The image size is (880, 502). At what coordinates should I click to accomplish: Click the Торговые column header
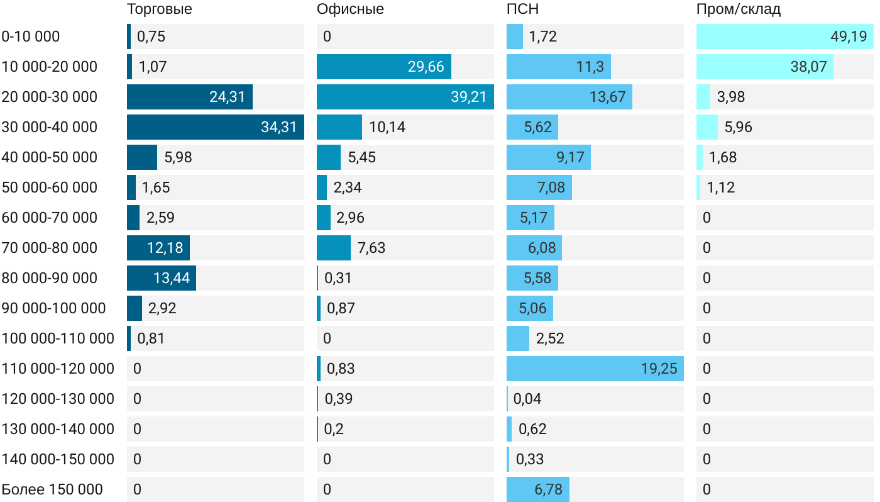click(x=159, y=9)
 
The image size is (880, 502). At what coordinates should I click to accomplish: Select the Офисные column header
click(x=350, y=9)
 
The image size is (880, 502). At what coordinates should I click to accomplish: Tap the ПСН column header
click(x=522, y=9)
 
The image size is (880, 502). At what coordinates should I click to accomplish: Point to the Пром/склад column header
click(x=738, y=9)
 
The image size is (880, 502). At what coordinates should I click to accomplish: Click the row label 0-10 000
click(x=31, y=36)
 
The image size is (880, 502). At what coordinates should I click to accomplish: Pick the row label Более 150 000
click(x=52, y=489)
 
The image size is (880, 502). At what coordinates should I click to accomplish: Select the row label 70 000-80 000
click(x=50, y=248)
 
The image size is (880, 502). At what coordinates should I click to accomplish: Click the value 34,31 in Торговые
click(x=278, y=127)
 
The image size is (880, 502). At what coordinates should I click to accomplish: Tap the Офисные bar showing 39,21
click(x=405, y=97)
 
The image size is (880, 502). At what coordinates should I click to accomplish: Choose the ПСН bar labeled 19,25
click(x=595, y=369)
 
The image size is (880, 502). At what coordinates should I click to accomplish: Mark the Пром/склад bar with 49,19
click(x=784, y=36)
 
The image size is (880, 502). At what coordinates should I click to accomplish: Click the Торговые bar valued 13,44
click(x=162, y=278)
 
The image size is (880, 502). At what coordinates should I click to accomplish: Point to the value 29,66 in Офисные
click(x=426, y=67)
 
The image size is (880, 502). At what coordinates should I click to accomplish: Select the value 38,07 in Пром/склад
click(x=808, y=67)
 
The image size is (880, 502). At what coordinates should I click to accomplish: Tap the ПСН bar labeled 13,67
click(x=569, y=97)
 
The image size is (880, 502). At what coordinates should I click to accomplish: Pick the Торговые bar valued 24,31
click(x=190, y=97)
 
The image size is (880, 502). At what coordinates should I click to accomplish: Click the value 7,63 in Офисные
click(x=371, y=248)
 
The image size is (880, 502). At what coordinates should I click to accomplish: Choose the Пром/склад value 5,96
click(x=738, y=127)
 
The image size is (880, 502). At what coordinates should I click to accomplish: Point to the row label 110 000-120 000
click(x=58, y=369)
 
